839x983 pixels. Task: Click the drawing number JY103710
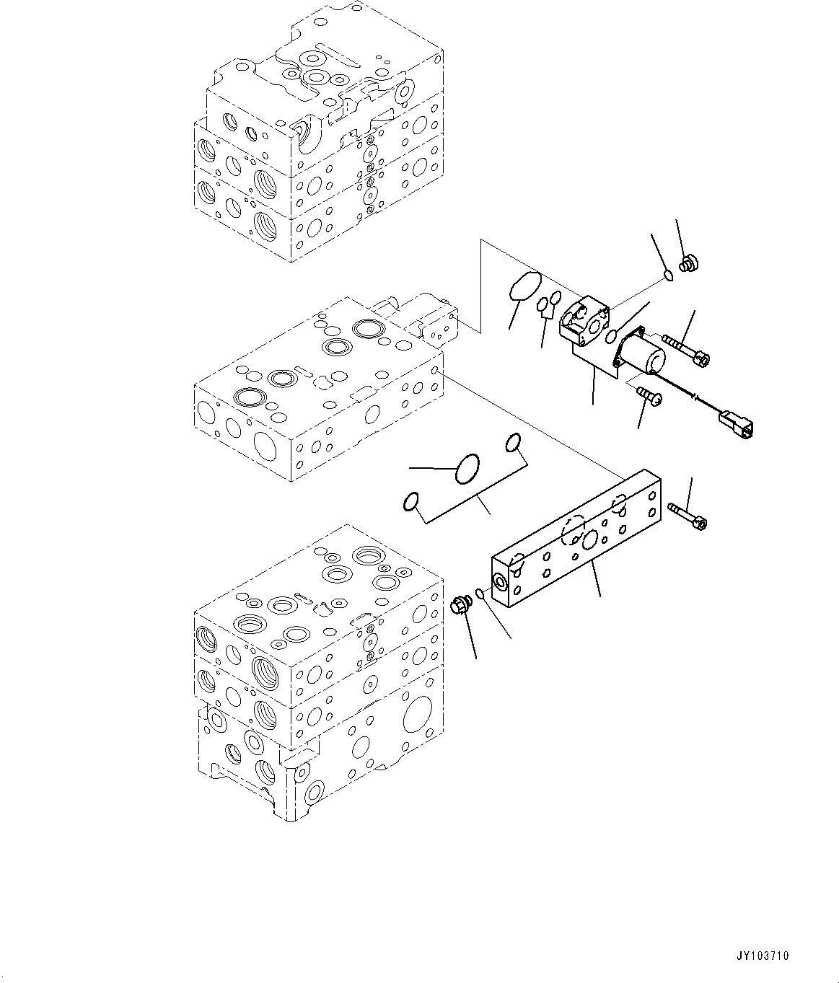tap(763, 956)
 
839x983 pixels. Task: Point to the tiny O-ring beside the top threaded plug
tap(668, 274)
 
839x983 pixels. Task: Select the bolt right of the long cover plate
tap(688, 515)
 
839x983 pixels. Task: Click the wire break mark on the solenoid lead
tap(693, 395)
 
